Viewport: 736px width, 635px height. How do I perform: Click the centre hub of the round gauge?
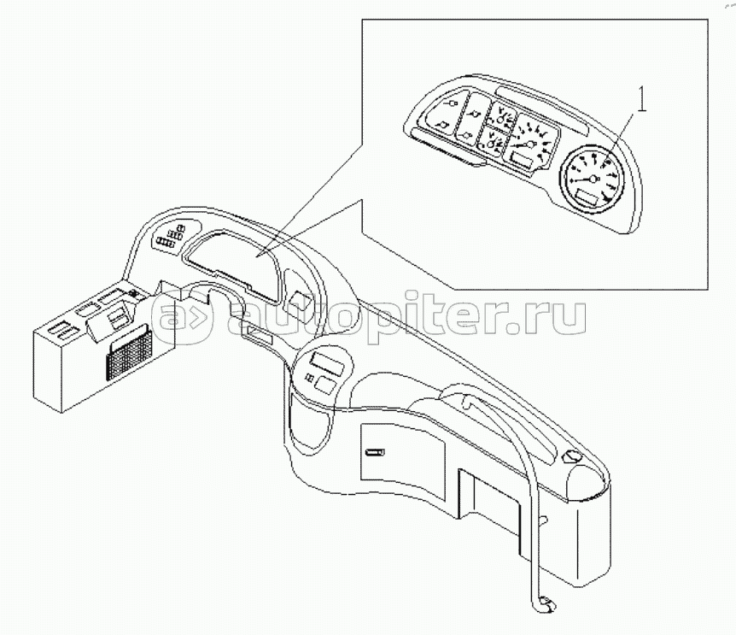coord(593,179)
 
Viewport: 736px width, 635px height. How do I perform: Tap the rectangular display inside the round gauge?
coord(587,198)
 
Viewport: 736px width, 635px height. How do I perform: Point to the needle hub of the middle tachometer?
coord(530,144)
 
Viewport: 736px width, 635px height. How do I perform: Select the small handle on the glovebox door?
coord(374,452)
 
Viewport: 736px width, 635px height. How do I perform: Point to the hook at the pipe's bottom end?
coord(546,604)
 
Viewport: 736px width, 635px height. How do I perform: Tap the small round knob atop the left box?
coord(133,294)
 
